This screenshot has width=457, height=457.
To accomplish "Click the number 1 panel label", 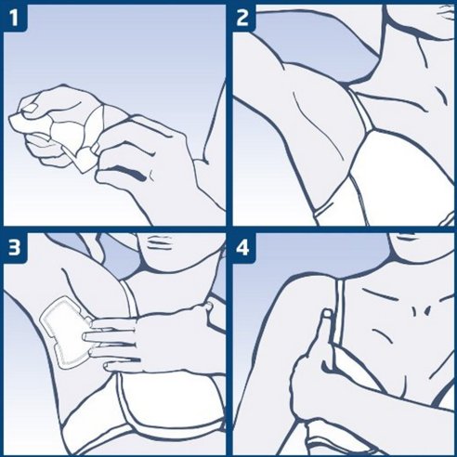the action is click(x=14, y=18).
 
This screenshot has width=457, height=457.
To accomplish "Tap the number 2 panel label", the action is click(x=242, y=18).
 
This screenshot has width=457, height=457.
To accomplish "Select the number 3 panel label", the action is click(x=14, y=247).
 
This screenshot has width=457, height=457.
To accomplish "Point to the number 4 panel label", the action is click(x=242, y=247).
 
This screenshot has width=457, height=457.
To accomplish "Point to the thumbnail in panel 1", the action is click(x=30, y=108).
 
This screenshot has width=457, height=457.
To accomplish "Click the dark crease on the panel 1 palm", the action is click(x=130, y=172).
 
